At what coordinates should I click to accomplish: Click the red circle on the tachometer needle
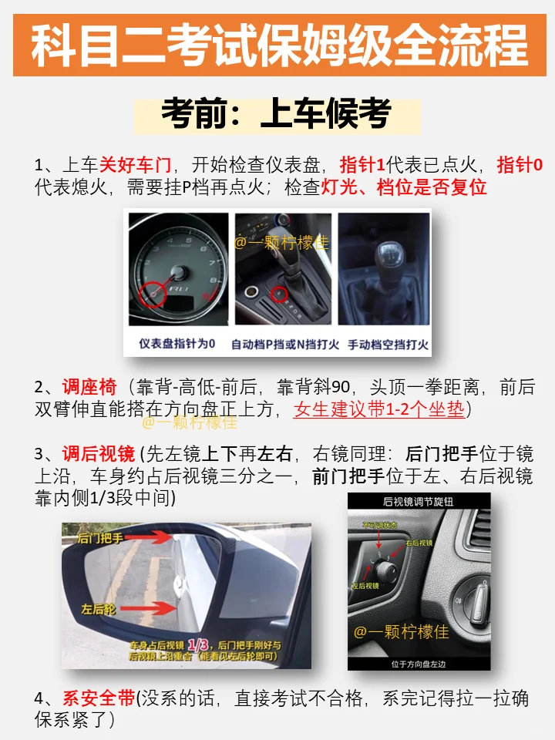click(153, 293)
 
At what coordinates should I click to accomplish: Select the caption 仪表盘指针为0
click(177, 344)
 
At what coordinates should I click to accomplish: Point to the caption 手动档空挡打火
click(388, 344)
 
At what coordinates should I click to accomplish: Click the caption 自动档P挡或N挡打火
click(286, 344)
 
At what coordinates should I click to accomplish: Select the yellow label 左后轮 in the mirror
click(99, 608)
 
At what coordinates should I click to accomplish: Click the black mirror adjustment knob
click(385, 572)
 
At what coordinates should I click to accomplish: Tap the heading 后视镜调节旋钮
click(419, 502)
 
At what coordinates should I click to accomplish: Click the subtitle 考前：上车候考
click(277, 115)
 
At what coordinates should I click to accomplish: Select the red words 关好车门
click(135, 164)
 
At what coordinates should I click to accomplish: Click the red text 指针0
click(520, 164)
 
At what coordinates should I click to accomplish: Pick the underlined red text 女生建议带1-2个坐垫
click(379, 409)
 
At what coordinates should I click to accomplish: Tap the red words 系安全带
click(99, 698)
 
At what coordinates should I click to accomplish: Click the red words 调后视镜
click(99, 453)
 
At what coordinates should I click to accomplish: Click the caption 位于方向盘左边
click(419, 662)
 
